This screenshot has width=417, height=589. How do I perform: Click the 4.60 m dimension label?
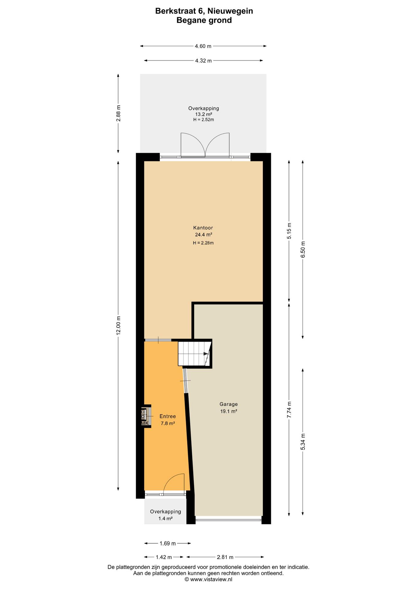pos(203,46)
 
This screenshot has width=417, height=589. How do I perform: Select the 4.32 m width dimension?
pos(203,61)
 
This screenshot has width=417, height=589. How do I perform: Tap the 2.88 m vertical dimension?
pos(118,113)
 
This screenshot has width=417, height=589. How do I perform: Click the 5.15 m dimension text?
pos(289,231)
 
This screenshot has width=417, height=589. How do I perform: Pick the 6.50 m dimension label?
pos(303,249)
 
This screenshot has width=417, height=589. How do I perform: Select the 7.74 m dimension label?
pos(289,410)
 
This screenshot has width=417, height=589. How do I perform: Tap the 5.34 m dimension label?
pos(303,442)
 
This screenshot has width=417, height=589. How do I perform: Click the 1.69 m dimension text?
pos(168,543)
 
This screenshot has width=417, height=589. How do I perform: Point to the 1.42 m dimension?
pos(164,557)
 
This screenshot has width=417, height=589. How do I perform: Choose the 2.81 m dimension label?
pos(225,557)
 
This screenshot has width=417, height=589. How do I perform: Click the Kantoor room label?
pos(203,228)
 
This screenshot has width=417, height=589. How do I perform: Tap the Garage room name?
pos(228,404)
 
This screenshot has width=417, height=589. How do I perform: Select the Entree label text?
pos(168,416)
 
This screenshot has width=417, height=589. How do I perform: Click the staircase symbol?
pos(194,354)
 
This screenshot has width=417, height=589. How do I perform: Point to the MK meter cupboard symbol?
pos(145,416)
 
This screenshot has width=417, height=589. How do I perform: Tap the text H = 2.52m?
pos(204,120)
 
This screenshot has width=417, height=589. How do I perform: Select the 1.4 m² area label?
pos(166,518)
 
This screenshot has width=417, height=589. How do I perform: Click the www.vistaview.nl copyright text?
pos(208,579)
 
